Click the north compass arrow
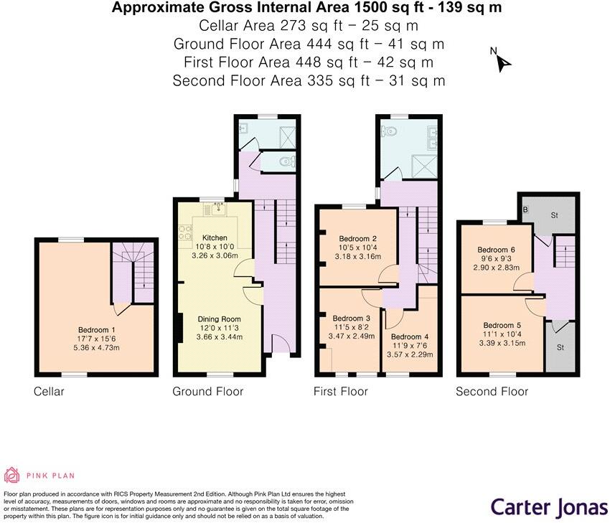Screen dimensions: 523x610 click(503, 63)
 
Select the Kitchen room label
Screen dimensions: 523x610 click(215, 237)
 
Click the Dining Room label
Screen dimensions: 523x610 click(220, 319)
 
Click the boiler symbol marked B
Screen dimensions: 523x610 click(527, 209)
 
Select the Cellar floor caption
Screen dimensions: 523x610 click(49, 391)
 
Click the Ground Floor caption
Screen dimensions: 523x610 click(207, 391)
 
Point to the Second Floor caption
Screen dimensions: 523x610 click(492, 391)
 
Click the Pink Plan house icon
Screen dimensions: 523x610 click(13, 475)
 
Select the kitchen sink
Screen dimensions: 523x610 click(215, 209)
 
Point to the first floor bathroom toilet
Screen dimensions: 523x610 click(390, 132)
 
